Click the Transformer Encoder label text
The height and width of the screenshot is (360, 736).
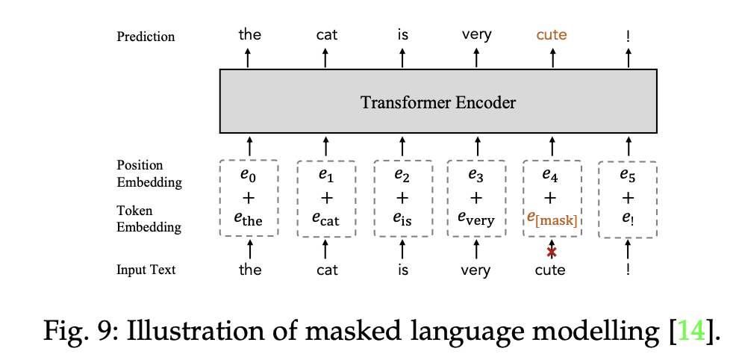[438, 102]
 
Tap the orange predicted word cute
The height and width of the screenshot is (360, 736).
[552, 34]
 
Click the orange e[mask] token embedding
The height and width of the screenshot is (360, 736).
[552, 219]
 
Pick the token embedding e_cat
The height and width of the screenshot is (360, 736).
[325, 219]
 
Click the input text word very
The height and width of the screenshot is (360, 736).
[476, 270]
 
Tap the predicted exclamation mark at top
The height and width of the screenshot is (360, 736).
[628, 34]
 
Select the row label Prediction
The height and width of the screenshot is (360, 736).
[146, 37]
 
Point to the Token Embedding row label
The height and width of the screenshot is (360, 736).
[149, 219]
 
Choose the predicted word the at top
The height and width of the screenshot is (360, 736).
[249, 34]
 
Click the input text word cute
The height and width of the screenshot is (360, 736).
[552, 270]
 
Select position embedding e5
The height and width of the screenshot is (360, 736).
[628, 176]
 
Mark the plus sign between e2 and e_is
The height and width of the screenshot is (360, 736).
[402, 197]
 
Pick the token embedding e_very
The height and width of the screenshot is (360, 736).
[476, 219]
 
